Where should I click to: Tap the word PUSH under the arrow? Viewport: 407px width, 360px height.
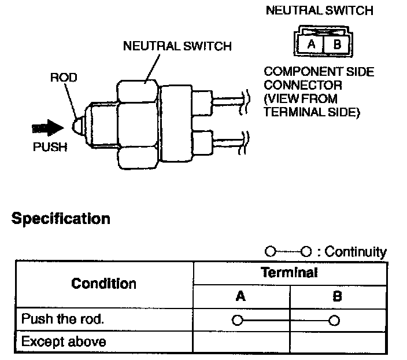click(50, 147)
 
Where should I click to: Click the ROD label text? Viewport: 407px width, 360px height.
click(64, 78)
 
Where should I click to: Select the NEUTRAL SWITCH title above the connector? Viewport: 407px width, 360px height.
click(319, 10)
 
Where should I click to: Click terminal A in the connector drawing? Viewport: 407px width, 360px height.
click(311, 43)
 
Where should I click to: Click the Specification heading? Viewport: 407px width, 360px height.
click(61, 219)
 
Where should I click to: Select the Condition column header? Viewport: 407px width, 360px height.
click(104, 284)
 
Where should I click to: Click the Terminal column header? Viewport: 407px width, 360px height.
click(289, 273)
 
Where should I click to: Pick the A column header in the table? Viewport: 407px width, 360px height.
click(241, 296)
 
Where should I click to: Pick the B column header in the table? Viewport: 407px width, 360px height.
click(338, 296)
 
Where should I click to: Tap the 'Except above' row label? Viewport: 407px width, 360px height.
click(64, 341)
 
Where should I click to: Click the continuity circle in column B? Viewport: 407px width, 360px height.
click(334, 319)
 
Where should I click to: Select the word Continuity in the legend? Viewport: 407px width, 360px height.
click(356, 252)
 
